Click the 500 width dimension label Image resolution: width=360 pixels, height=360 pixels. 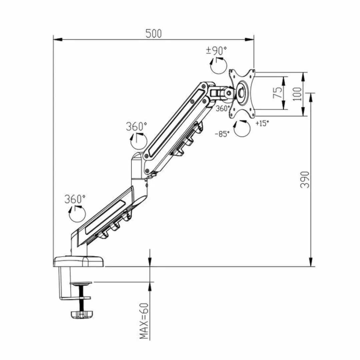[153, 34]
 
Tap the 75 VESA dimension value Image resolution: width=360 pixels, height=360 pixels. [278, 92]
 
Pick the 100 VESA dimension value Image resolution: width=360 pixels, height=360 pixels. [298, 94]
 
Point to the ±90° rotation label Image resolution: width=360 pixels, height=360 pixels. [216, 51]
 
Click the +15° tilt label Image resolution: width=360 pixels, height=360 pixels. [262, 123]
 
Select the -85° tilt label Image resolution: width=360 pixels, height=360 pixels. [222, 134]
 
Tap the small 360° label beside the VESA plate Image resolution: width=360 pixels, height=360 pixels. [223, 108]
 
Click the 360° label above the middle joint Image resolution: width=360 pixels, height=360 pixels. [136, 127]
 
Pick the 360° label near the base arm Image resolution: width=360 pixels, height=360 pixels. [75, 199]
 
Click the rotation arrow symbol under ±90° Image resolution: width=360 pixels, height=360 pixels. [218, 65]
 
